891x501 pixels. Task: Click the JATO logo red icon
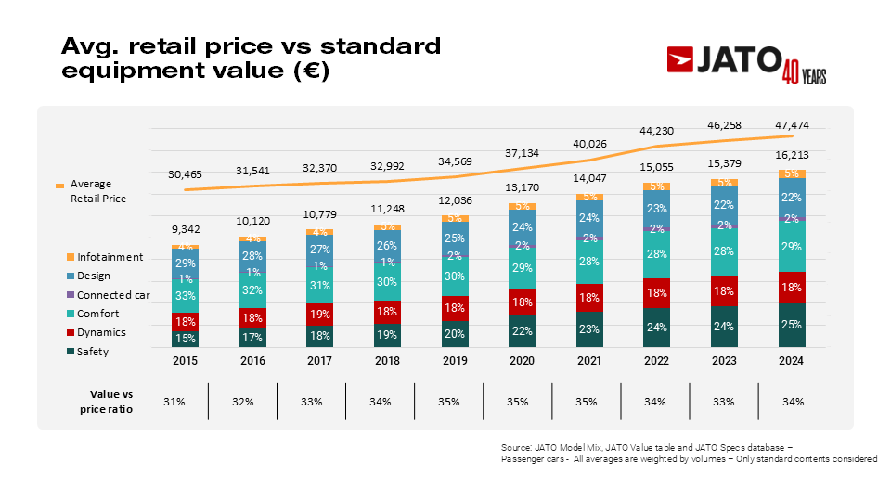[x=686, y=59]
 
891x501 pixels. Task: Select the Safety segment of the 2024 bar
[x=792, y=325]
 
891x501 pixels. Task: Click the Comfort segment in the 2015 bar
[x=185, y=296]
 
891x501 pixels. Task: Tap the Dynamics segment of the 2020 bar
[x=523, y=302]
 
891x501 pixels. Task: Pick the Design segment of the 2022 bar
[x=655, y=209]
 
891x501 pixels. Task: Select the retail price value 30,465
[x=185, y=174]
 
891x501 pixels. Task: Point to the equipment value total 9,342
[x=185, y=229]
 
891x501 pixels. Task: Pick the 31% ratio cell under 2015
[x=174, y=402]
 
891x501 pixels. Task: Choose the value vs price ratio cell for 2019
[x=449, y=402]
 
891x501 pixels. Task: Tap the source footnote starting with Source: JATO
[x=688, y=453]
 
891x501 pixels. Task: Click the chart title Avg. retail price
[x=250, y=58]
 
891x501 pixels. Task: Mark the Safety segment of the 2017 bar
[x=320, y=336]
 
